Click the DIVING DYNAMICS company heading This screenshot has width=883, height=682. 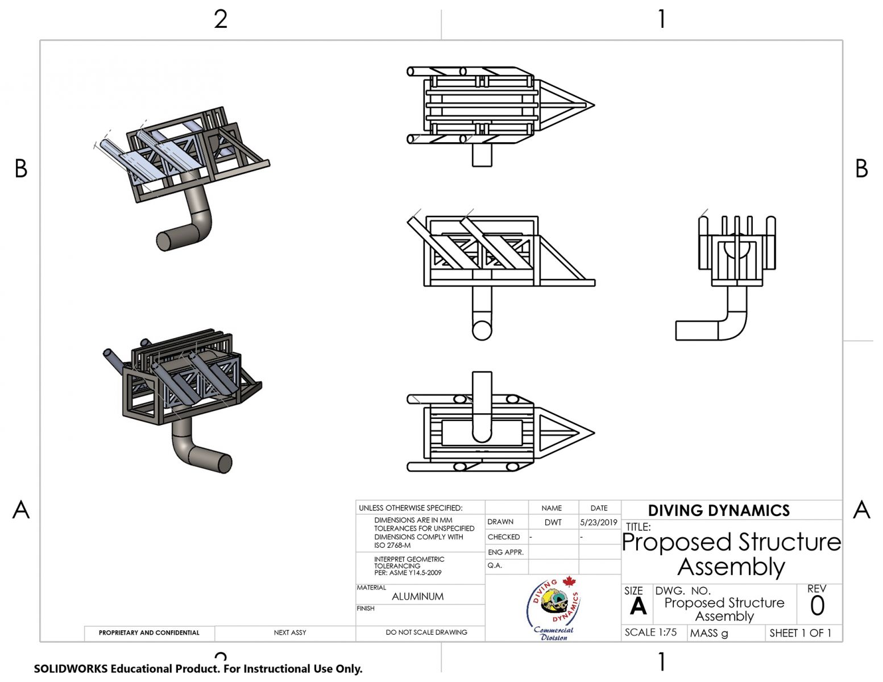click(719, 510)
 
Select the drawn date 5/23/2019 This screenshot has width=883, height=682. click(599, 522)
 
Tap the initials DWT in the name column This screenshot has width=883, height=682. click(553, 522)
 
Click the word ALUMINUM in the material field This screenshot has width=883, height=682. click(418, 596)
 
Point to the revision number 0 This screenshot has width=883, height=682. click(817, 606)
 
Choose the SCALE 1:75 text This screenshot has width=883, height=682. click(650, 633)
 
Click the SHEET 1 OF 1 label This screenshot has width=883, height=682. click(800, 633)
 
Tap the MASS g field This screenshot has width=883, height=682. click(708, 633)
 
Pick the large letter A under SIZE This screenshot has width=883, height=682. click(638, 606)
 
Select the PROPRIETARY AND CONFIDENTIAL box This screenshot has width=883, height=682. click(149, 633)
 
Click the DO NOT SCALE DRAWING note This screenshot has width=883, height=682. click(426, 633)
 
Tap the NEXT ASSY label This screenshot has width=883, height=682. click(290, 633)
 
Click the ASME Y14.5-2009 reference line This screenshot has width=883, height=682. click(408, 573)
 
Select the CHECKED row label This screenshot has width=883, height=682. click(503, 537)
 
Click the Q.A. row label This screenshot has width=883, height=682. click(495, 565)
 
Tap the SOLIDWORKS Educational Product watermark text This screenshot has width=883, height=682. click(198, 669)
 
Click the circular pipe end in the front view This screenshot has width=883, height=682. click(482, 330)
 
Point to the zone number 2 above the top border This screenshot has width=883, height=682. click(221, 19)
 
